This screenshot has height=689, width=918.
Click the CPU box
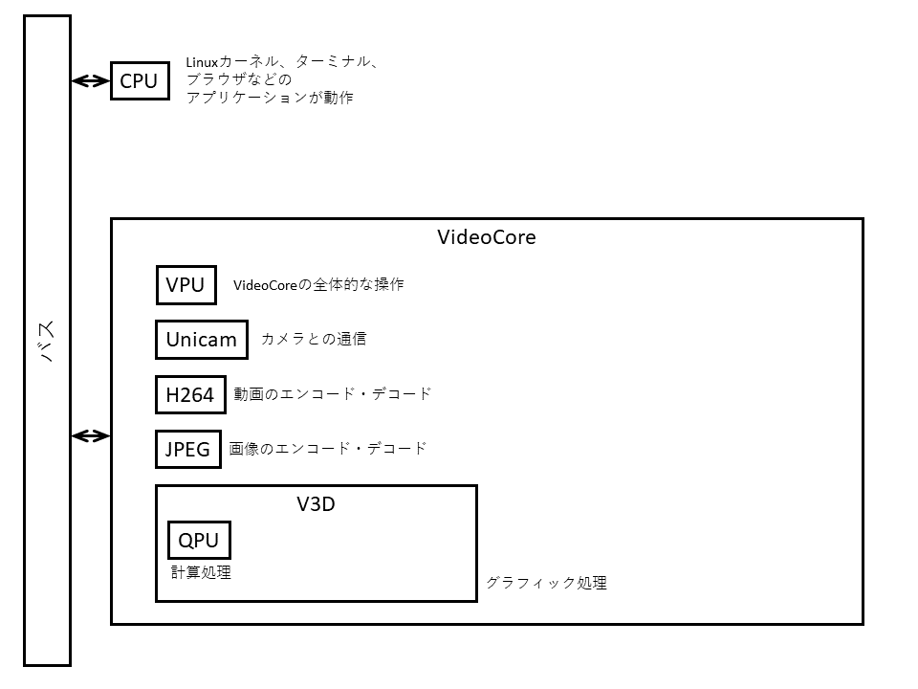tap(139, 81)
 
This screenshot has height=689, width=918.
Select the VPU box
tap(186, 285)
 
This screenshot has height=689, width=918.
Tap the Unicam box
tap(201, 340)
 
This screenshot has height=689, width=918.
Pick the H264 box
tap(190, 394)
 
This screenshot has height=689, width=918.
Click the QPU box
tap(199, 541)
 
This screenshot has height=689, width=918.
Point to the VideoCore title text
tap(486, 237)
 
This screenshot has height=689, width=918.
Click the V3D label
tap(316, 503)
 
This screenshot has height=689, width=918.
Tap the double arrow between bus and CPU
tap(91, 81)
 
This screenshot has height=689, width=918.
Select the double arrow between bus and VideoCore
tap(91, 436)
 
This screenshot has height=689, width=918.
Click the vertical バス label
tap(47, 341)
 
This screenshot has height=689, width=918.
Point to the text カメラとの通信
tap(313, 339)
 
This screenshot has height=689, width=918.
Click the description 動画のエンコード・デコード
tap(332, 393)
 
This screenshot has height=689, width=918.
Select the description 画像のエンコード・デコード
tap(328, 448)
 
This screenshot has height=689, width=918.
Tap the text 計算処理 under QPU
tap(201, 572)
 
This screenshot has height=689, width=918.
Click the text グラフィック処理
tap(546, 583)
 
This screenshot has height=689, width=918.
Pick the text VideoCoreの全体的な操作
tap(318, 284)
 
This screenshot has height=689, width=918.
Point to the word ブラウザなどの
tap(238, 79)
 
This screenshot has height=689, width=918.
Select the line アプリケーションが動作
tap(270, 97)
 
